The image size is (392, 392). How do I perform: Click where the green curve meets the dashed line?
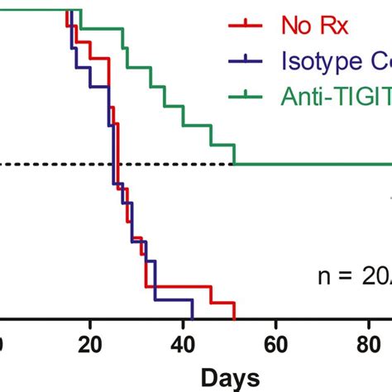(x=235, y=165)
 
